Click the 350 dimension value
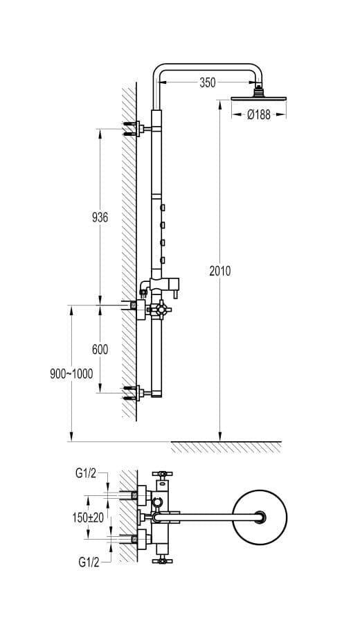point(207,82)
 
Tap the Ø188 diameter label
point(259,115)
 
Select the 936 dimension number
point(100,218)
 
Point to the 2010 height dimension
point(220,271)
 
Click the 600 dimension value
point(100,350)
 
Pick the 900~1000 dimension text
point(71,373)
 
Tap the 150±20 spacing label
point(88,517)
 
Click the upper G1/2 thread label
point(86,473)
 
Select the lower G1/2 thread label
point(89,562)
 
